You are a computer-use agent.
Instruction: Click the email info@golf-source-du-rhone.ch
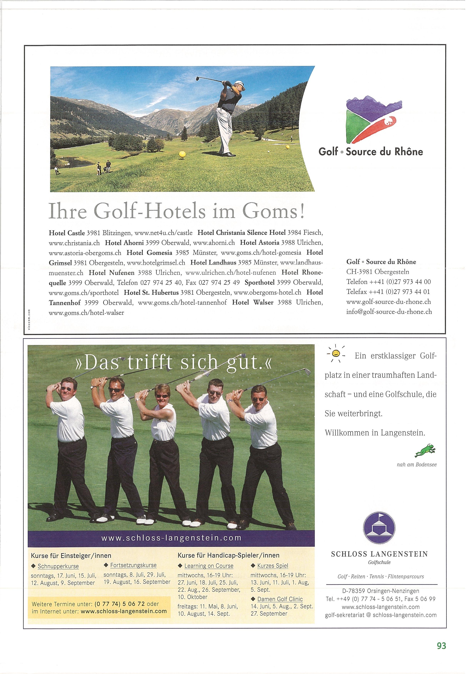389,312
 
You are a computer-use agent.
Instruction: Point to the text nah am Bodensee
417,465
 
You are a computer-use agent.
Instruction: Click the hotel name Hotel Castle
67,233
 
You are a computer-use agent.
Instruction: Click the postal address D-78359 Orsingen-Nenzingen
381,591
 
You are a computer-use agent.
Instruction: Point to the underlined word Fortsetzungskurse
133,565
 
